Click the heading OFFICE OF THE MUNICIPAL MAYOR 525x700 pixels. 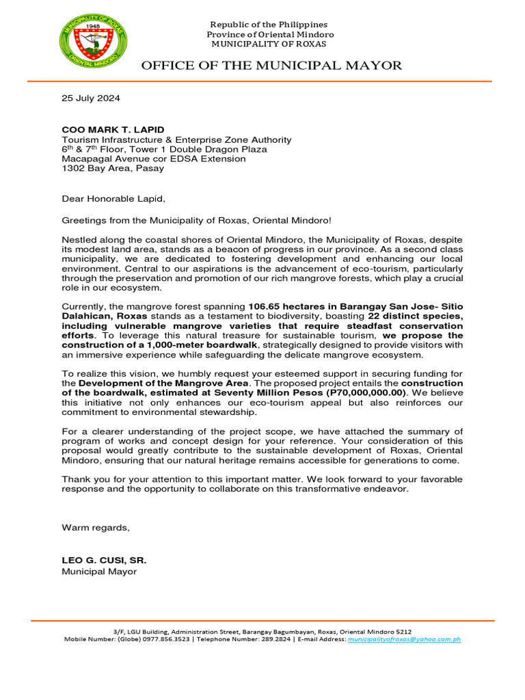271,66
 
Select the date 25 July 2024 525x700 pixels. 91,98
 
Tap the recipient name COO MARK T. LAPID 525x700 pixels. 113,130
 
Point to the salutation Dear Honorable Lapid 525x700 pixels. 113,200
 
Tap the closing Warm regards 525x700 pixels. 95,528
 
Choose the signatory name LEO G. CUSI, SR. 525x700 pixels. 104,561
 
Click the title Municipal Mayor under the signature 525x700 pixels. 99,571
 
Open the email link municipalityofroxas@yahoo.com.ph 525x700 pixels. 404,639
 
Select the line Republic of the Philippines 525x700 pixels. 269,25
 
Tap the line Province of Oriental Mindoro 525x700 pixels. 270,34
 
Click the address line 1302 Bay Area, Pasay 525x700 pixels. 113,168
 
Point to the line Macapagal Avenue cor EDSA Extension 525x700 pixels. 154,159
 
